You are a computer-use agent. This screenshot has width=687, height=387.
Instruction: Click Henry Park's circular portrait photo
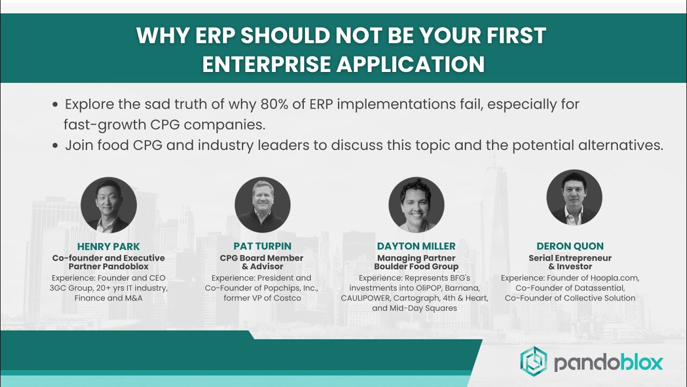coord(108,205)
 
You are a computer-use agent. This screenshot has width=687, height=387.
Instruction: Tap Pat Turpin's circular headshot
coord(262,205)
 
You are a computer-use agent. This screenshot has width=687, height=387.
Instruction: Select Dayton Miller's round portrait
coord(416,205)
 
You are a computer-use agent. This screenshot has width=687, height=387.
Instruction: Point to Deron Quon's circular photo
coord(574,197)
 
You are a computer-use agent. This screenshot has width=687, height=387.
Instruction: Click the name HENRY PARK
coord(108,246)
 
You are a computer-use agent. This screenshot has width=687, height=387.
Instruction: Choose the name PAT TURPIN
coord(262,246)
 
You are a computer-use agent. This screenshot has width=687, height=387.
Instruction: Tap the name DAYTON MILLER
coord(416,246)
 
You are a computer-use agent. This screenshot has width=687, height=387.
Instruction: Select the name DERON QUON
coord(570,246)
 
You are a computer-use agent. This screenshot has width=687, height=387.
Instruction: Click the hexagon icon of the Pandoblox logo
coord(533,361)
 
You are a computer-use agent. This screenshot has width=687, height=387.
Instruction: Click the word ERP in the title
coord(215,35)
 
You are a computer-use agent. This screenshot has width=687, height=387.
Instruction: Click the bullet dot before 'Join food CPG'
coord(55,146)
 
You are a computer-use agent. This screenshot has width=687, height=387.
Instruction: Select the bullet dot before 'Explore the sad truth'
coord(55,105)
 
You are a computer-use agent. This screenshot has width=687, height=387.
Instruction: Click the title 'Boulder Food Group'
coord(416,266)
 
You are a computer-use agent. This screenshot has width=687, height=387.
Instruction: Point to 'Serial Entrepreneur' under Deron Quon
coord(570,258)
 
